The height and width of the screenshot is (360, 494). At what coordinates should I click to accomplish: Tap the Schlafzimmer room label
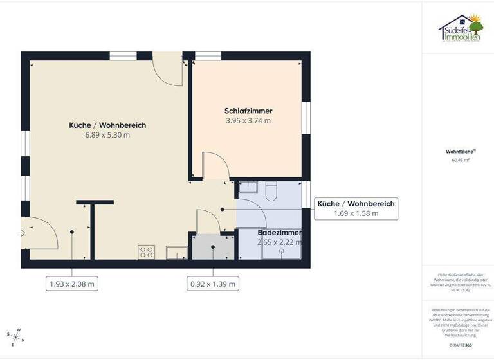[x=248, y=110]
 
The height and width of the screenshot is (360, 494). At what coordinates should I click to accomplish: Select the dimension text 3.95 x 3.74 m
[x=248, y=120]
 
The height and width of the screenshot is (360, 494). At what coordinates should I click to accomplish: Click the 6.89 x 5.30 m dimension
[x=107, y=135]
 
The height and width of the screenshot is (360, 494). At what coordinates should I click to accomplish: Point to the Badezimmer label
[x=275, y=232]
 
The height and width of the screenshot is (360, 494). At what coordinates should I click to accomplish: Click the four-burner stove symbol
[x=146, y=252]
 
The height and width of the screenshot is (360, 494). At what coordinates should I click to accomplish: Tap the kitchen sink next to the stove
[x=176, y=252]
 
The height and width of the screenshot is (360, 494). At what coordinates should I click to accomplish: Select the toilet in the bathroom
[x=271, y=188]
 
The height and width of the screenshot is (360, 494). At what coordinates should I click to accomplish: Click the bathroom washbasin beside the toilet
[x=248, y=187]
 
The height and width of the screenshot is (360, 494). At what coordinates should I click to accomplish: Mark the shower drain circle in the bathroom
[x=281, y=252]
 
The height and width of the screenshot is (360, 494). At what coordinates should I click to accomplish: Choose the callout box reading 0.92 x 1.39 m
[x=212, y=283]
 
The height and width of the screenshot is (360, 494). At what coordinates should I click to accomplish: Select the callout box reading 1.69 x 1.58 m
[x=356, y=208]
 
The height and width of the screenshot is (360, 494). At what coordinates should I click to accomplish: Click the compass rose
[x=14, y=334]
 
